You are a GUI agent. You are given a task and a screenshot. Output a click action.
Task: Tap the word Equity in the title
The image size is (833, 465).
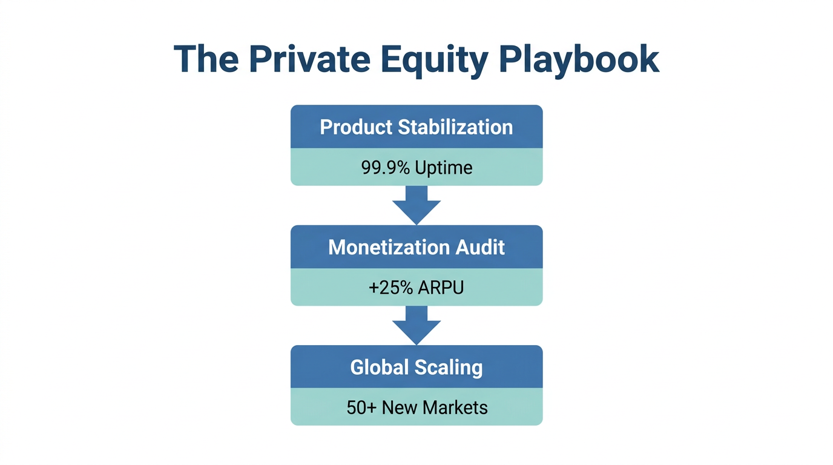point(433,59)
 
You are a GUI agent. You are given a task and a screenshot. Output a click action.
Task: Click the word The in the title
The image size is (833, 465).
point(206,59)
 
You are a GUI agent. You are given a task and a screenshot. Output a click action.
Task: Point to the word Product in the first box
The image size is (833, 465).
point(356,127)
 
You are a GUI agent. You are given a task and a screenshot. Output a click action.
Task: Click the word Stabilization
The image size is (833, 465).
point(455,127)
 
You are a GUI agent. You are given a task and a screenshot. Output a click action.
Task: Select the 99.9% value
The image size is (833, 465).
point(386,167)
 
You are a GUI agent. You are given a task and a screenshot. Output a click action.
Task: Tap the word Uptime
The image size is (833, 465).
point(444,167)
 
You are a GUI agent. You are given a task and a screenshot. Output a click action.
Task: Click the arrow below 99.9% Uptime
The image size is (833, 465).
point(416,205)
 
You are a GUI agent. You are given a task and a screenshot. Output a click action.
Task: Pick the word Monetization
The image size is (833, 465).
point(387,247)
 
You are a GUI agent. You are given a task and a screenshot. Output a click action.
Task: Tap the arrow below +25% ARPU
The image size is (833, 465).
point(416,325)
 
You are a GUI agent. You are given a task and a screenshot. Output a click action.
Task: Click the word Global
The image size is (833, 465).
point(380,368)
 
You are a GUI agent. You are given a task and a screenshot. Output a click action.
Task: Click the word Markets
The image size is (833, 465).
point(455,407)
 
